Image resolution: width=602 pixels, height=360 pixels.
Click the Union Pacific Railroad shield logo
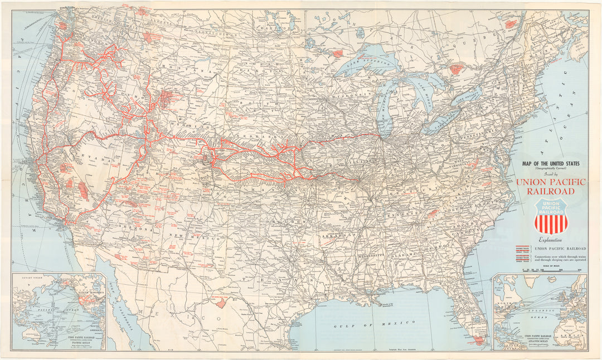[x=551, y=216]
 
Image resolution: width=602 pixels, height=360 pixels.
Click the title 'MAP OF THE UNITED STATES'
[x=550, y=163]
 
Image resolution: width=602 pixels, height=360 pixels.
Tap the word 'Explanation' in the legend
[x=547, y=240]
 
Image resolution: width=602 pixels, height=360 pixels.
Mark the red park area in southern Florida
[x=478, y=340]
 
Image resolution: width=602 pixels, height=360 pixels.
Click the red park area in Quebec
[x=457, y=70]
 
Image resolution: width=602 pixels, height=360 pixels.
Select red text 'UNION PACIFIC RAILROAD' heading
[x=551, y=187]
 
